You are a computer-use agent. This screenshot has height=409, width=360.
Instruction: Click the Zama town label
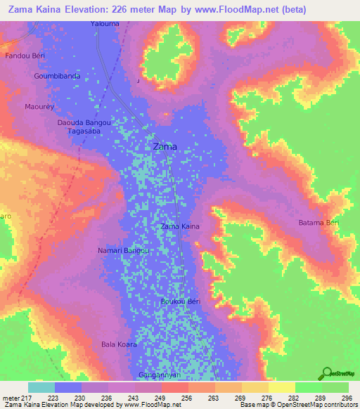pyautogui.click(x=165, y=147)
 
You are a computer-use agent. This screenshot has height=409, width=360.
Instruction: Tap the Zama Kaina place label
pyautogui.click(x=181, y=226)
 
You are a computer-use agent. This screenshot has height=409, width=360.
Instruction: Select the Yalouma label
pyautogui.click(x=105, y=23)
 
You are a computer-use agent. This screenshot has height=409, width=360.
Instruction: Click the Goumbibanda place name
pyautogui.click(x=57, y=76)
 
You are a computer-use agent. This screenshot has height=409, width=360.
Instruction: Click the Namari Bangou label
pyautogui.click(x=123, y=250)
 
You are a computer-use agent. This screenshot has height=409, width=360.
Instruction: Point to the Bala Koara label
pyautogui.click(x=119, y=344)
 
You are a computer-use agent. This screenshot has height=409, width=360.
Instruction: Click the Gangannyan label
pyautogui.click(x=160, y=375)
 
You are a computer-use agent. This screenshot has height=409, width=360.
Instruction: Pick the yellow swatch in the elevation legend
pyautogui.click(x=281, y=387)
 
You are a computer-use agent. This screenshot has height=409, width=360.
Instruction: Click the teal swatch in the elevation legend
pyautogui.click(x=41, y=387)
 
